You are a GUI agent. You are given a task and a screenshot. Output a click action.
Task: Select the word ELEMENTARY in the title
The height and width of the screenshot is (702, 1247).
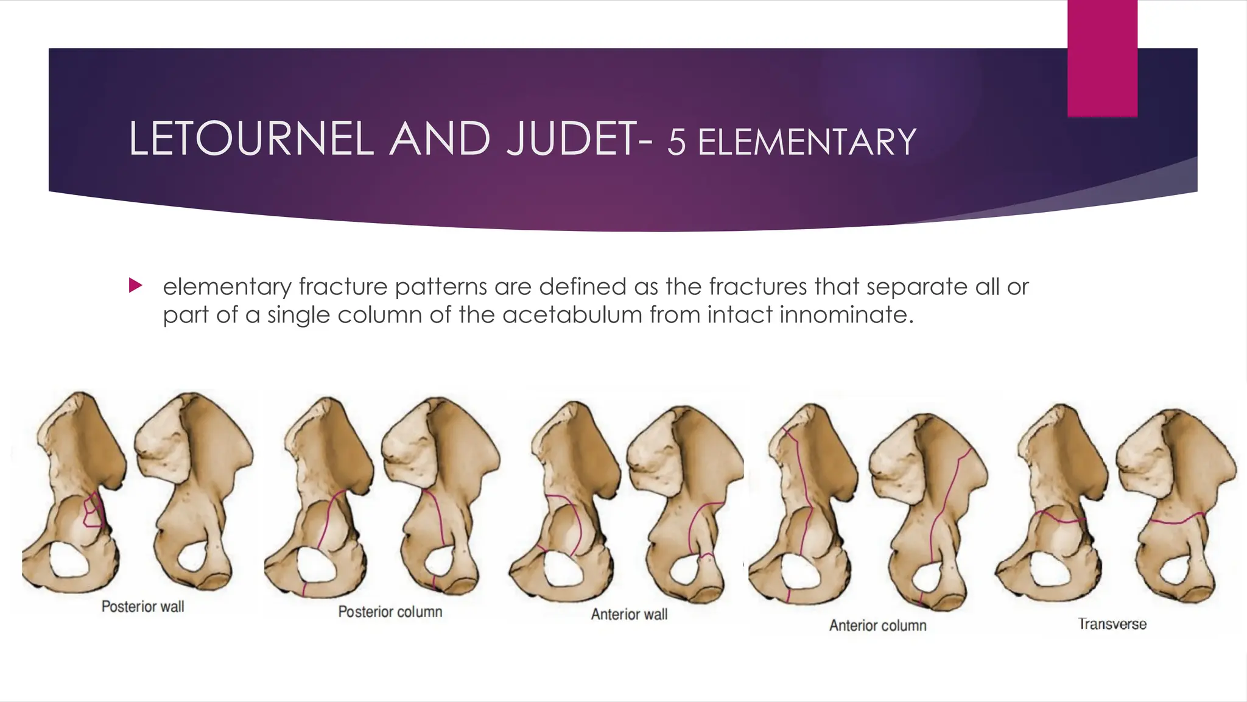tap(806, 142)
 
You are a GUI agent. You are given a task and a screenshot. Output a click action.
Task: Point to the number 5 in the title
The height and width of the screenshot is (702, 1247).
tap(676, 142)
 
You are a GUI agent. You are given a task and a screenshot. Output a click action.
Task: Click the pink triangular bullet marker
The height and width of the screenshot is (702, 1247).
tap(135, 285)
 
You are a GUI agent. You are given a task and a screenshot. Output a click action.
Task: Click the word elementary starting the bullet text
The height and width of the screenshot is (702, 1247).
tap(227, 286)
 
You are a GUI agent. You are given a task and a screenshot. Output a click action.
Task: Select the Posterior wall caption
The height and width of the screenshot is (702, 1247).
tap(142, 606)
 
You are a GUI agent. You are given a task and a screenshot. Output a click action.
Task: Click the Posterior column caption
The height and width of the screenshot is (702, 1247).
tap(390, 612)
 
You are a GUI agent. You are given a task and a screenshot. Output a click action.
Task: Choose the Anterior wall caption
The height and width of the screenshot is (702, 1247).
tap(629, 614)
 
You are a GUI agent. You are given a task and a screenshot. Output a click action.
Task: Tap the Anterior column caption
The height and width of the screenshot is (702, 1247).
tap(877, 625)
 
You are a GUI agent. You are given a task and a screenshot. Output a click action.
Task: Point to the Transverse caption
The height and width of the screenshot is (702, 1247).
tap(1112, 624)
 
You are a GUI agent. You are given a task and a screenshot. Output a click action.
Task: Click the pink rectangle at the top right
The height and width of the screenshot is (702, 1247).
tap(1102, 58)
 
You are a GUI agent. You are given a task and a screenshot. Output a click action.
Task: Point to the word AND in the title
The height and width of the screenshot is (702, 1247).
tap(440, 139)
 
